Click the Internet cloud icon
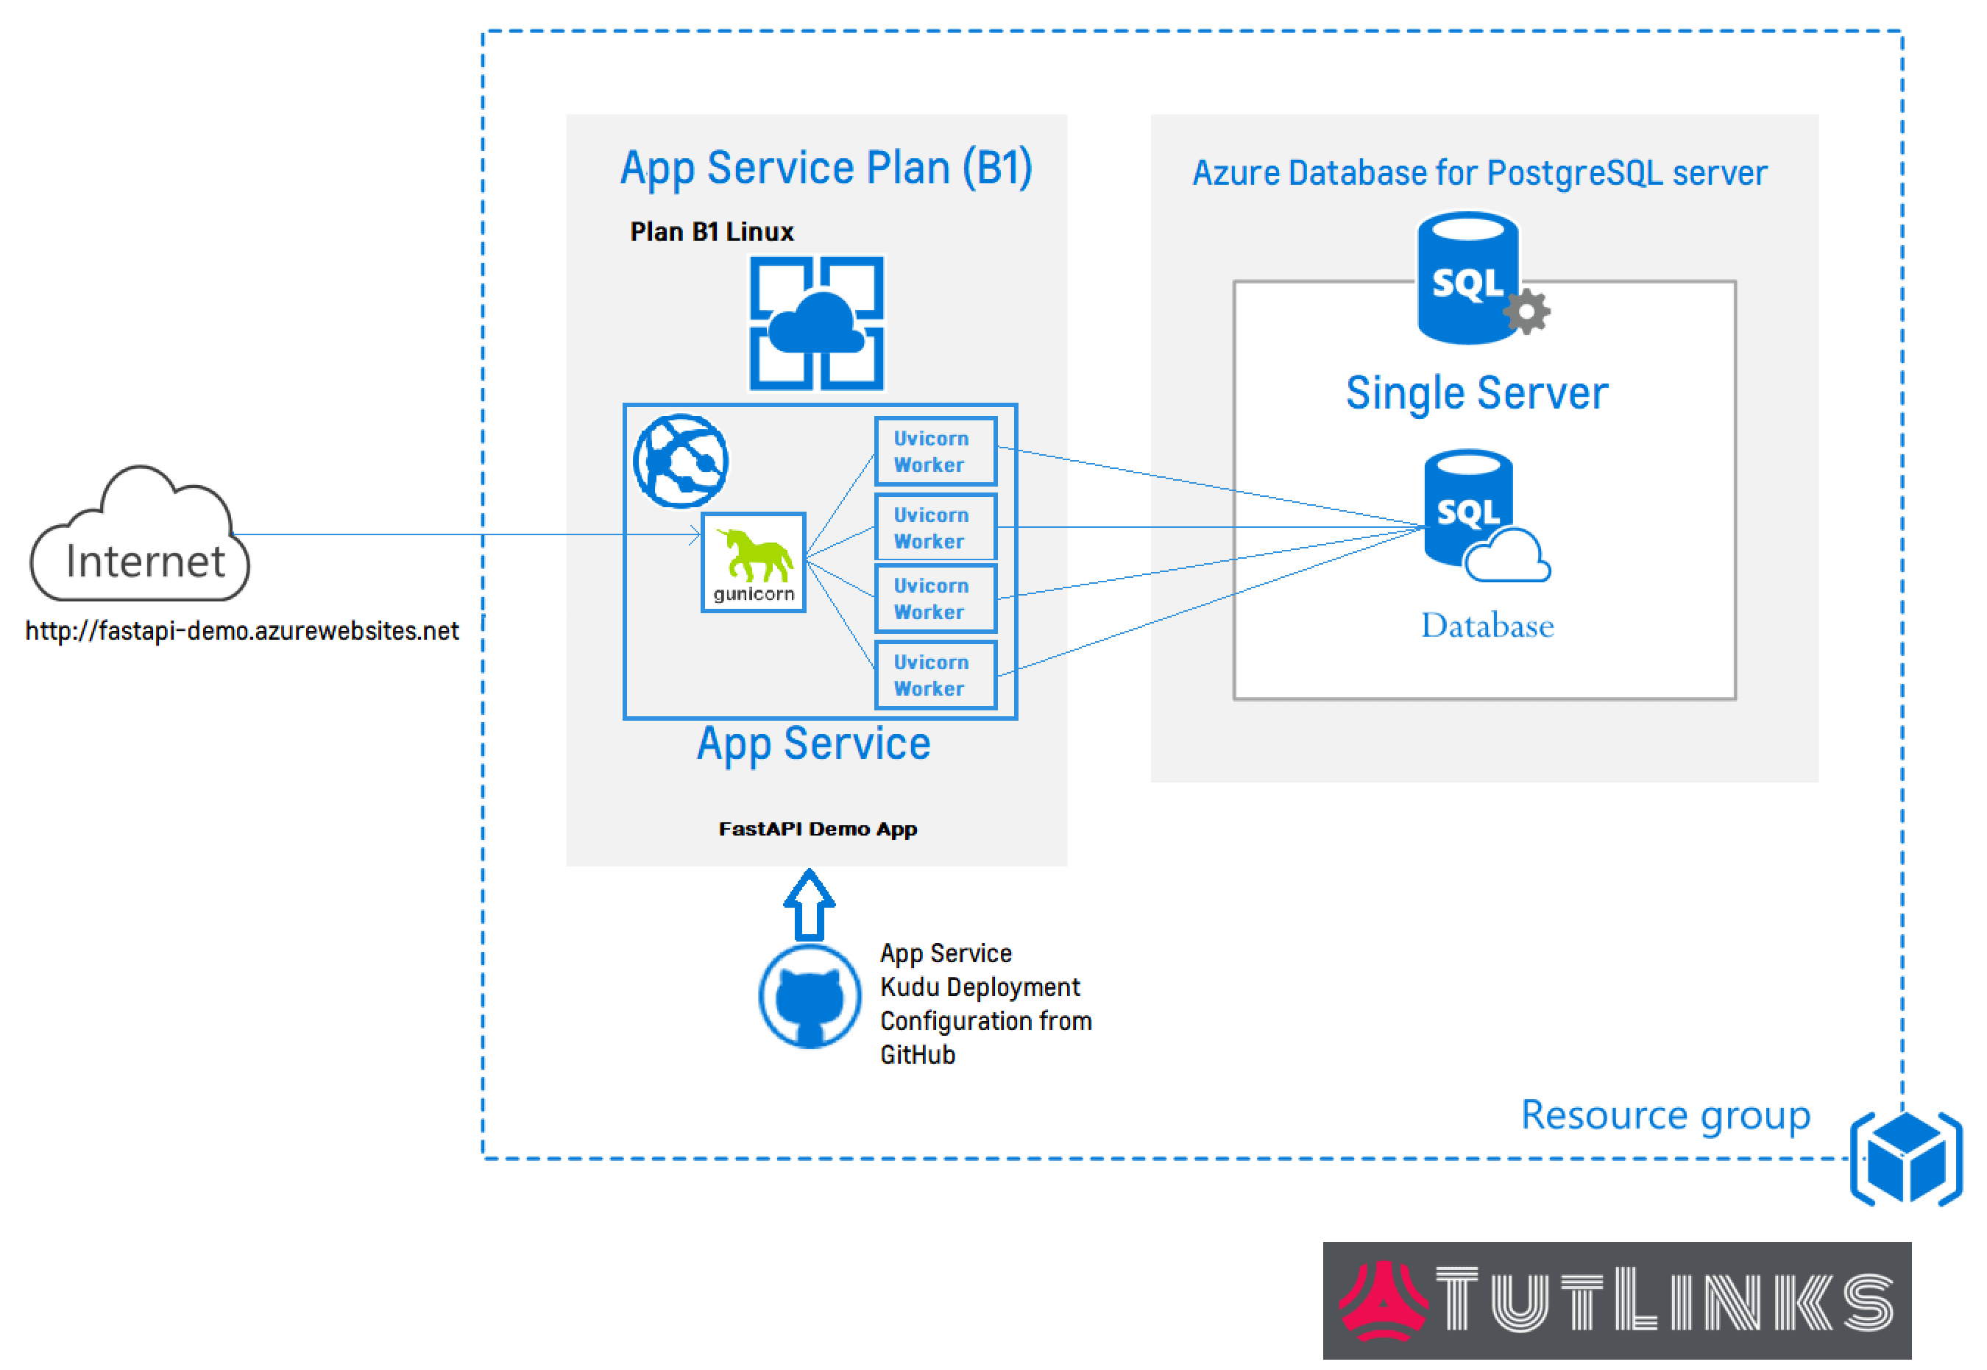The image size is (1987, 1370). tap(140, 537)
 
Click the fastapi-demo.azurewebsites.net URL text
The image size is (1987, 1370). tap(242, 632)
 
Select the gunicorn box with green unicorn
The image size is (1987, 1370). tap(754, 563)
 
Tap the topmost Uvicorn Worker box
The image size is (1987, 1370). tap(935, 451)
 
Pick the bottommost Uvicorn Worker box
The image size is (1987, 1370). tap(935, 676)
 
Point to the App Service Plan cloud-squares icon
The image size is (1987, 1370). tap(817, 324)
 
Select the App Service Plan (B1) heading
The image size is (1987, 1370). tap(826, 169)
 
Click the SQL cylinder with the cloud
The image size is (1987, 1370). tap(1476, 516)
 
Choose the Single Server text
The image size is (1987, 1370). tap(1476, 394)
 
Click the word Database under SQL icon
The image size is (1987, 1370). tap(1487, 626)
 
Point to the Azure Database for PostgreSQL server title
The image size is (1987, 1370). tap(1479, 174)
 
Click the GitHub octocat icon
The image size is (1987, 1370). tap(809, 997)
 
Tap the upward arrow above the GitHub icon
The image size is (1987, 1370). tap(809, 905)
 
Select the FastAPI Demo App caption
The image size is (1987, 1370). tap(818, 829)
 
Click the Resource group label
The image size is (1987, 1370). tap(1665, 1115)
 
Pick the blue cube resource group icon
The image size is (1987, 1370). tap(1906, 1158)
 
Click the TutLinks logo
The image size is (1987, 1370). tap(1616, 1301)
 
